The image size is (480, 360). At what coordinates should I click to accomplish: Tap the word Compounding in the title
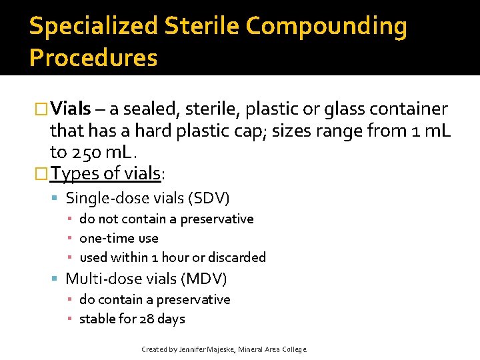(x=326, y=27)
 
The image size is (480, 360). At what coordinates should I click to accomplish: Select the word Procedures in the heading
(x=93, y=58)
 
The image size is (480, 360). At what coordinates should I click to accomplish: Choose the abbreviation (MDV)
(x=204, y=279)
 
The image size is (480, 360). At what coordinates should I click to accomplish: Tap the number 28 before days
(x=147, y=319)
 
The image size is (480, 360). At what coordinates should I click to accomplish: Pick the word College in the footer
(x=294, y=349)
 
